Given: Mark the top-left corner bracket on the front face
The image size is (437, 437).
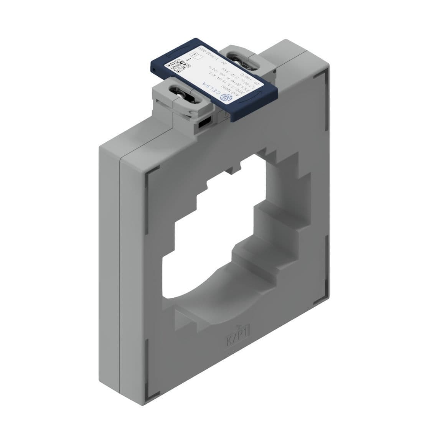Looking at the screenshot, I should tap(150, 175).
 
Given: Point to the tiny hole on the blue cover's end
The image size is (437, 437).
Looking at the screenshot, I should tap(153, 69).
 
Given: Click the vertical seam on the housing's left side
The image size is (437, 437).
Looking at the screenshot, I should tap(120, 269).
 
